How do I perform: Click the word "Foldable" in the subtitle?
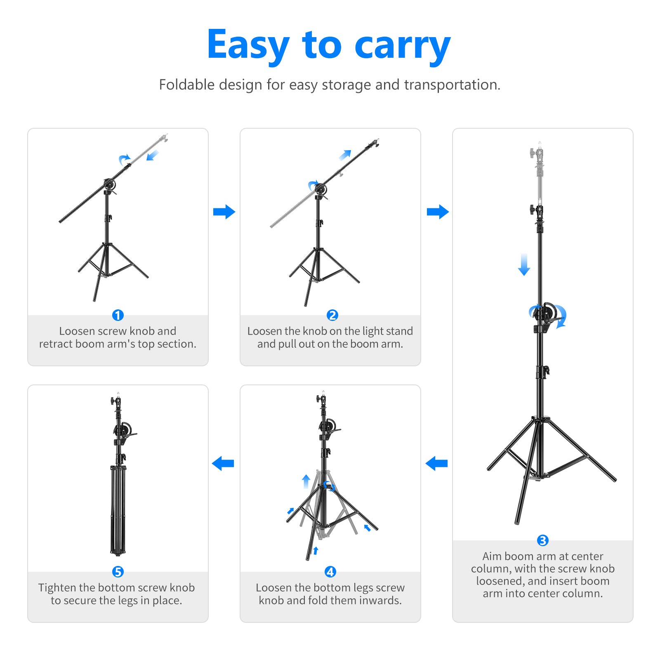pyautogui.click(x=186, y=85)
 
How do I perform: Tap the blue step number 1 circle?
pyautogui.click(x=118, y=315)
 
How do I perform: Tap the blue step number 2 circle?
pyautogui.click(x=332, y=315)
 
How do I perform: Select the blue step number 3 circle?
pyautogui.click(x=542, y=540)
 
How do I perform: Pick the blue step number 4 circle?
pyautogui.click(x=330, y=572)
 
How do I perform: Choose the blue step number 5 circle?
pyautogui.click(x=118, y=572)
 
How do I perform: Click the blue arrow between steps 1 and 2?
pyautogui.click(x=224, y=212)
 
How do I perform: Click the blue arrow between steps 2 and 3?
pyautogui.click(x=438, y=212)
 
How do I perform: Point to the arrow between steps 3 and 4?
pyautogui.click(x=436, y=463)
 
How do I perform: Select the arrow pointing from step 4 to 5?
pyautogui.click(x=223, y=463)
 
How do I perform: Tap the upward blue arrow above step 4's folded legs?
pyautogui.click(x=306, y=481)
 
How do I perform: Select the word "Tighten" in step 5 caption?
pyautogui.click(x=57, y=587)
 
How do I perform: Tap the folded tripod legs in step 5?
pyautogui.click(x=118, y=509)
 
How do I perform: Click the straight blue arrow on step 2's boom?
pyautogui.click(x=345, y=155)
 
